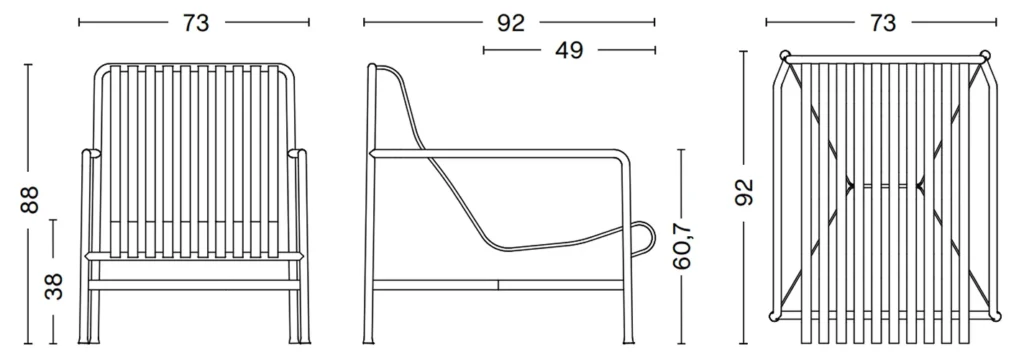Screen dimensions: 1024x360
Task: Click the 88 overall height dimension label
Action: tap(29, 200)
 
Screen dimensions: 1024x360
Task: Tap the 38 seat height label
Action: tap(54, 286)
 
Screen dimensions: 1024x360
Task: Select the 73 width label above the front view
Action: tap(195, 23)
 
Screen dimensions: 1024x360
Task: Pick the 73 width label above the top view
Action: tap(882, 23)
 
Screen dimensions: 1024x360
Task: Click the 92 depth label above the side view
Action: tap(510, 23)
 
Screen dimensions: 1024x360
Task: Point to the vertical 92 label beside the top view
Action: tap(744, 191)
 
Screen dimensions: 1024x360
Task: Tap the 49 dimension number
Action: tap(568, 50)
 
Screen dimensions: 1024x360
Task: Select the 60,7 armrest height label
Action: tap(682, 245)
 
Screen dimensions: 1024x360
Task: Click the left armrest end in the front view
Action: tap(91, 154)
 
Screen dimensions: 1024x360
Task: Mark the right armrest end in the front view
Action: tap(297, 154)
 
